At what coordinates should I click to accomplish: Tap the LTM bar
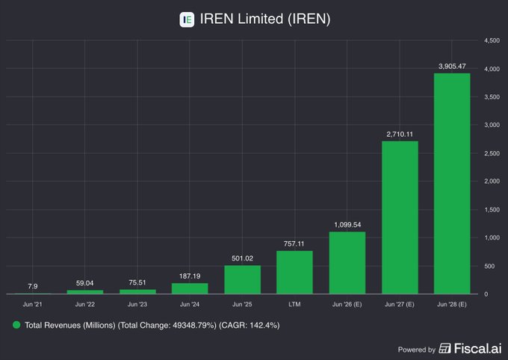click(294, 272)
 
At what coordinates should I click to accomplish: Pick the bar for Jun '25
click(242, 279)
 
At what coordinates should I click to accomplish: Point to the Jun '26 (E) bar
click(347, 263)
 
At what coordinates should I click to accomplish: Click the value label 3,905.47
click(452, 66)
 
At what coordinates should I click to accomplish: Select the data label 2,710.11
click(400, 134)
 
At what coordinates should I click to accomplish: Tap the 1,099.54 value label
click(347, 224)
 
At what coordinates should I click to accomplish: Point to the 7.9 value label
click(32, 285)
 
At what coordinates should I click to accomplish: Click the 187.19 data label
click(190, 276)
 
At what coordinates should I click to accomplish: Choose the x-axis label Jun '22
click(85, 305)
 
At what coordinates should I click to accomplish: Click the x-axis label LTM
click(294, 305)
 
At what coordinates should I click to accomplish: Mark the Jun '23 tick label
click(137, 305)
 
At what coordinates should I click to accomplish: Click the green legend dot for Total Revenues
click(16, 326)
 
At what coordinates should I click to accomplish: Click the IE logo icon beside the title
click(187, 19)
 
